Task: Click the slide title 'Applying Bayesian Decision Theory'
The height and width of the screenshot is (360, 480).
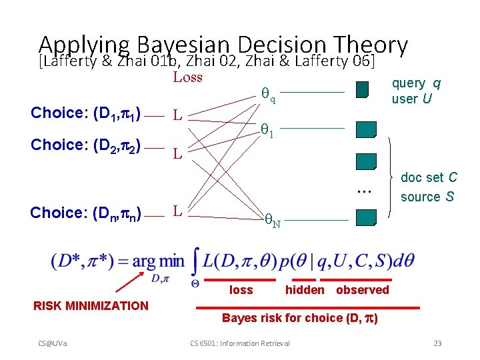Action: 223,45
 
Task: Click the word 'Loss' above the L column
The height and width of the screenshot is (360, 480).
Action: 187,77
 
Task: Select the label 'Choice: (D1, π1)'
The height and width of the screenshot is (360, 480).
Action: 85,112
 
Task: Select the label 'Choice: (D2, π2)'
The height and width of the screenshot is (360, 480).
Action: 85,146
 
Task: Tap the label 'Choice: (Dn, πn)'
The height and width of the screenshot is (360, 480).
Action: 85,213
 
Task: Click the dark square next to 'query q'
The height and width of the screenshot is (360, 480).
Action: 362,90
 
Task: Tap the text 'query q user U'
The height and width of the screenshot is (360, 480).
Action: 415,91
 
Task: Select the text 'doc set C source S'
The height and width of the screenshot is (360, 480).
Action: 428,187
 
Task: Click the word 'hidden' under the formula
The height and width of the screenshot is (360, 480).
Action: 305,290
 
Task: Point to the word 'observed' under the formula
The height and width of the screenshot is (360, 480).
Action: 362,290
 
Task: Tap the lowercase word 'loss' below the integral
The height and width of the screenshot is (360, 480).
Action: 241,290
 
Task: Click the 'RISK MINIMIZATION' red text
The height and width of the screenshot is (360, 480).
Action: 91,306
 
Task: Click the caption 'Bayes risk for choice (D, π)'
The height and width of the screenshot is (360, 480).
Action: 300,318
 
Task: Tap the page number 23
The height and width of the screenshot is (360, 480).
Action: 437,343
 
